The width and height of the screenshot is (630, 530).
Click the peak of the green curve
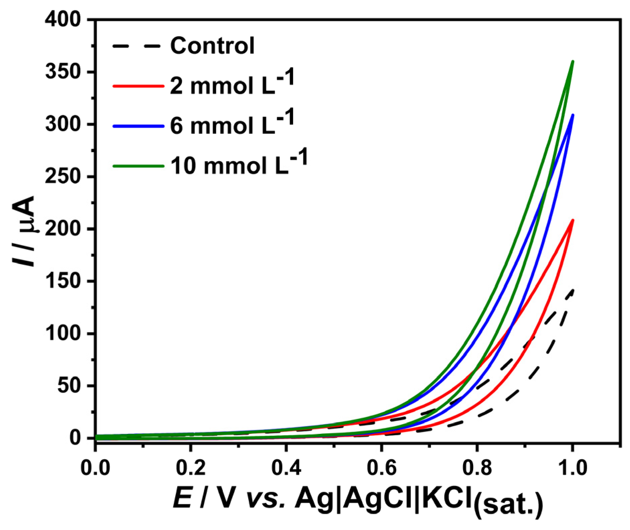click(573, 62)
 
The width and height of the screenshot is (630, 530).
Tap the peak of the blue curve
click(573, 115)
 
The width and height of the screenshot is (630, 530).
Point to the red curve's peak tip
click(573, 220)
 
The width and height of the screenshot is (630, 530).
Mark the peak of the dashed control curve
click(573, 290)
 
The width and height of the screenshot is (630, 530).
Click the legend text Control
click(212, 46)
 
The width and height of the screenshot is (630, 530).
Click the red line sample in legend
click(138, 86)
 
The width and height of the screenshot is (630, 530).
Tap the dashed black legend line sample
click(138, 46)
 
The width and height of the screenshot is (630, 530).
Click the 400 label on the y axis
click(63, 20)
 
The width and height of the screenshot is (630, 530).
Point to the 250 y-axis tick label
click(63, 177)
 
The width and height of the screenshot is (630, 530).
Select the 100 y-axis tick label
click(63, 333)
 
